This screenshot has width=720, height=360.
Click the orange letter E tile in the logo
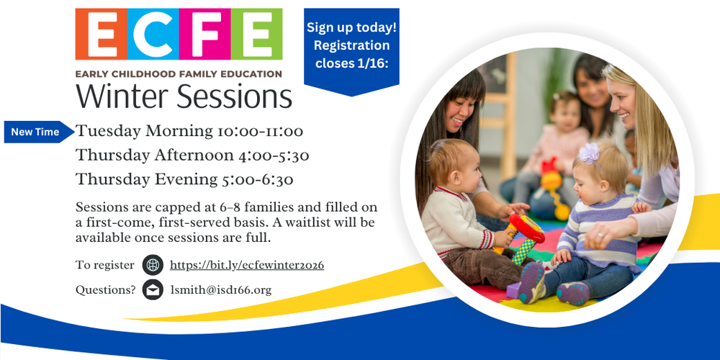(x=101, y=34)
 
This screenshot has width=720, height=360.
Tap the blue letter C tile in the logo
(x=153, y=34)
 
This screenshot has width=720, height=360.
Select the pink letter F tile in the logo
(x=204, y=34)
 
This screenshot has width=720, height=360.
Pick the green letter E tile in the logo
(x=256, y=34)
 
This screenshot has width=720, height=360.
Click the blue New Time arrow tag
(x=39, y=132)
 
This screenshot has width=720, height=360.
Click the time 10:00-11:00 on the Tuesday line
(x=261, y=132)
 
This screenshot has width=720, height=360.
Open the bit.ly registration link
(x=247, y=266)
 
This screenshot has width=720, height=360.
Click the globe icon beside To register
(x=153, y=265)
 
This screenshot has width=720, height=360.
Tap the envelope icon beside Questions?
(x=153, y=289)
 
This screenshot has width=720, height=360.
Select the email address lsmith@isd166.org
(x=221, y=290)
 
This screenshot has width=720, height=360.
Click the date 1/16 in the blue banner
(x=376, y=63)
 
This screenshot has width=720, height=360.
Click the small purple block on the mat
(x=513, y=290)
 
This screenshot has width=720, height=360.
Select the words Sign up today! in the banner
(x=352, y=27)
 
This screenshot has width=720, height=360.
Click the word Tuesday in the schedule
(x=109, y=132)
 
